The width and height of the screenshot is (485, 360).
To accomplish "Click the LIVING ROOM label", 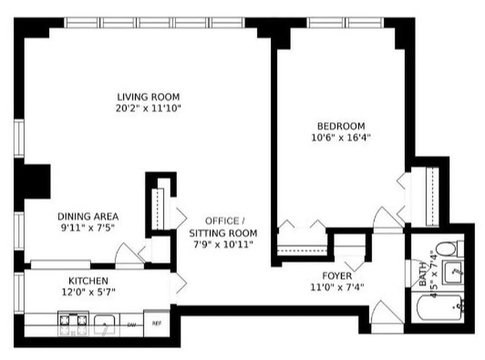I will [148, 97].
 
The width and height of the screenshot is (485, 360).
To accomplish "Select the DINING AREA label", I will [88, 216].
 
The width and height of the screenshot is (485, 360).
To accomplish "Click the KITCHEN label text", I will [88, 280].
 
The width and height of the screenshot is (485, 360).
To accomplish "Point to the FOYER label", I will [337, 275].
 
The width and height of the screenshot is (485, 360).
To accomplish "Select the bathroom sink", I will [452, 272].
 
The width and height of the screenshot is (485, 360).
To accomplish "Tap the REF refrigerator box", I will [157, 323].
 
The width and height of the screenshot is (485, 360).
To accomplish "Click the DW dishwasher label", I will [131, 324].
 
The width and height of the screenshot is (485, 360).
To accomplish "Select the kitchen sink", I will [104, 324].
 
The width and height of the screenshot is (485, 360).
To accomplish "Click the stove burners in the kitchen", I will [72, 323].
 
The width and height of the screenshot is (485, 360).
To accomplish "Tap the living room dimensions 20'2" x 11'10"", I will [148, 108].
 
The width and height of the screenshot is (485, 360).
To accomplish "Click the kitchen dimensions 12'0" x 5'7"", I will [88, 292].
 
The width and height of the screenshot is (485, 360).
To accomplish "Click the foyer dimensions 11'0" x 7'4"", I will [337, 287].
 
